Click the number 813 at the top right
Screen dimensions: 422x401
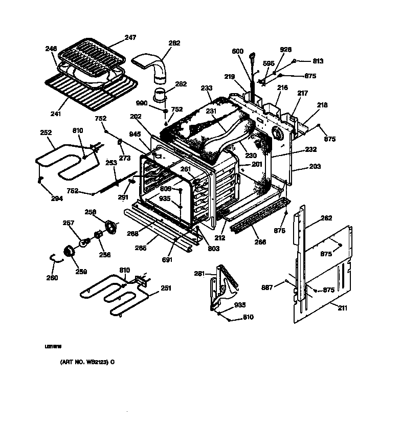tap(318, 61)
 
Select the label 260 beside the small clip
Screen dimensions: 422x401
tap(52, 278)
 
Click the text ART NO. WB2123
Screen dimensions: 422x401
tap(85, 362)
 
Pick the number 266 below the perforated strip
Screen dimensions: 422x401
tap(260, 241)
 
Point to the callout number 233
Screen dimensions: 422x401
tap(206, 88)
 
